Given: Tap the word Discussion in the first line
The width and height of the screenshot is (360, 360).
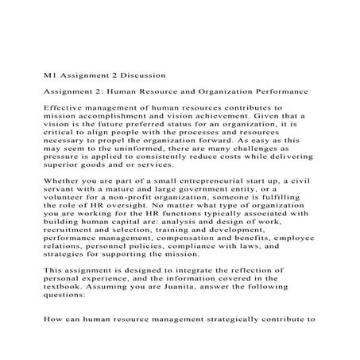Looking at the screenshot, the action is pyautogui.click(x=141, y=76).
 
